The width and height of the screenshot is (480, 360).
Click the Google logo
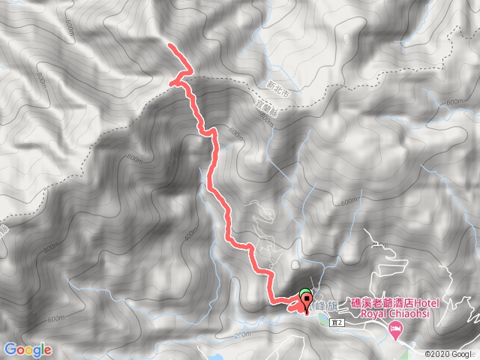tap(27, 349)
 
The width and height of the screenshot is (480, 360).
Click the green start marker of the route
tap(304, 295)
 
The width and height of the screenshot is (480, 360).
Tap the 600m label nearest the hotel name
tap(348, 203)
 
